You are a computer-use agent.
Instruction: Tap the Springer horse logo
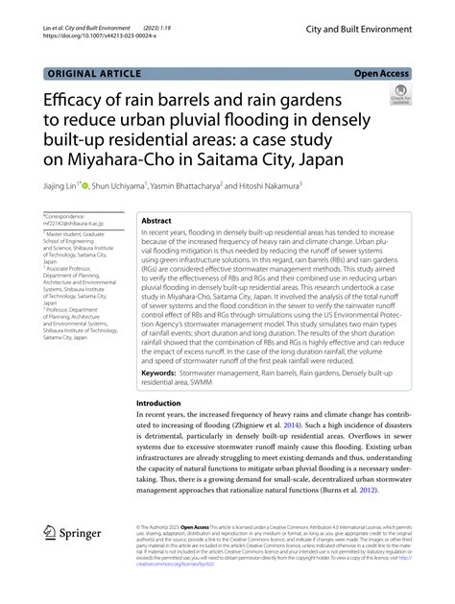click(x=53, y=535)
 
